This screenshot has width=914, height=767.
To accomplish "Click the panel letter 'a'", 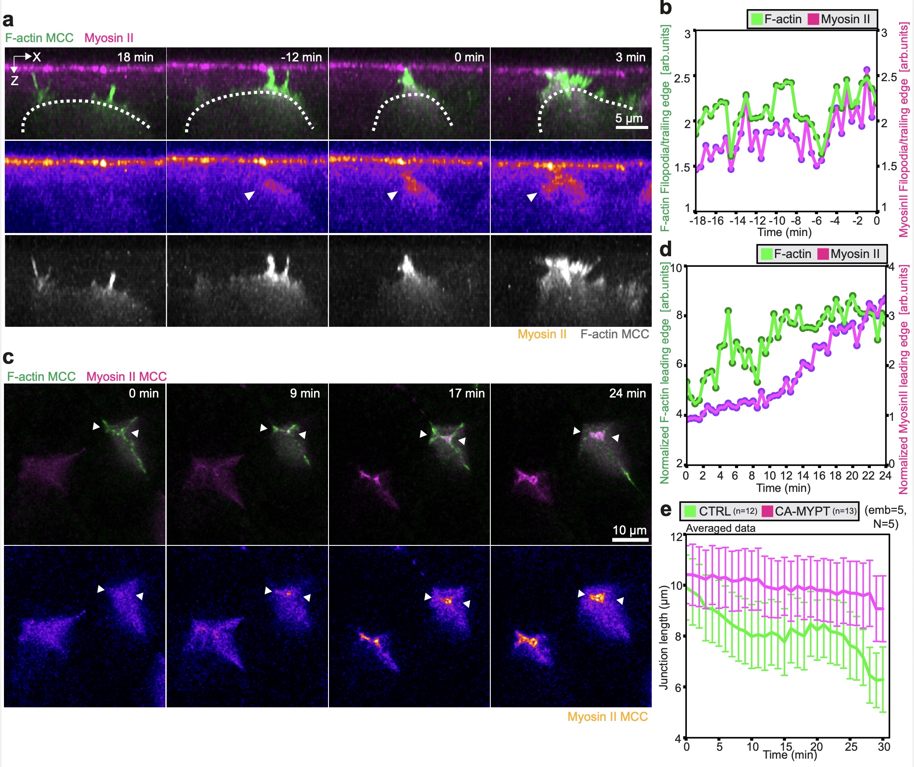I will [x=8, y=20].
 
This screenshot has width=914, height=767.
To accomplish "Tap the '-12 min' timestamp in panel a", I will [x=301, y=57].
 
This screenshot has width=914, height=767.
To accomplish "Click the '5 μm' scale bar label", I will [x=628, y=118].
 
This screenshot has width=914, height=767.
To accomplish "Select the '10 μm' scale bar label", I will [x=629, y=530].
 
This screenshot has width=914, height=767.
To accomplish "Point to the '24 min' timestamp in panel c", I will [x=627, y=394].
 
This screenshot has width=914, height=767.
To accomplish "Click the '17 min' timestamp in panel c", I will [x=466, y=394].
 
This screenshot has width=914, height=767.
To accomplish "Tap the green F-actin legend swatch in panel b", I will [x=757, y=19].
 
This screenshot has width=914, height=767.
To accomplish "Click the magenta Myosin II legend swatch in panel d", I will [x=823, y=254].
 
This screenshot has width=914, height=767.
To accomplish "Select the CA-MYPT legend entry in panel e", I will [x=802, y=511].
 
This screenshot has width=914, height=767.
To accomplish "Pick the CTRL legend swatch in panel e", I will [x=690, y=511].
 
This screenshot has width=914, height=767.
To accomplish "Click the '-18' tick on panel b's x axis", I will [x=697, y=221].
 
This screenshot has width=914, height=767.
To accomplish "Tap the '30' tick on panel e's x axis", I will [x=884, y=746].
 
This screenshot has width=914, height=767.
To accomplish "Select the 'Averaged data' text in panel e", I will [x=720, y=528].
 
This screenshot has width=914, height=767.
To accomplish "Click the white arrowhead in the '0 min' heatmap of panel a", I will [x=392, y=195].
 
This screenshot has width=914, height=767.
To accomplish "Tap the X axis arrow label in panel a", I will [x=36, y=57].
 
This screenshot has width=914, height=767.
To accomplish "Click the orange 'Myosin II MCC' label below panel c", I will [x=607, y=717].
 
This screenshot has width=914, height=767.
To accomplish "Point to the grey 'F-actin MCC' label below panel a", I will [x=614, y=334].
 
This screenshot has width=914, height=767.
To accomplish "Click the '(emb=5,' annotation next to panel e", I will [x=885, y=510].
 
